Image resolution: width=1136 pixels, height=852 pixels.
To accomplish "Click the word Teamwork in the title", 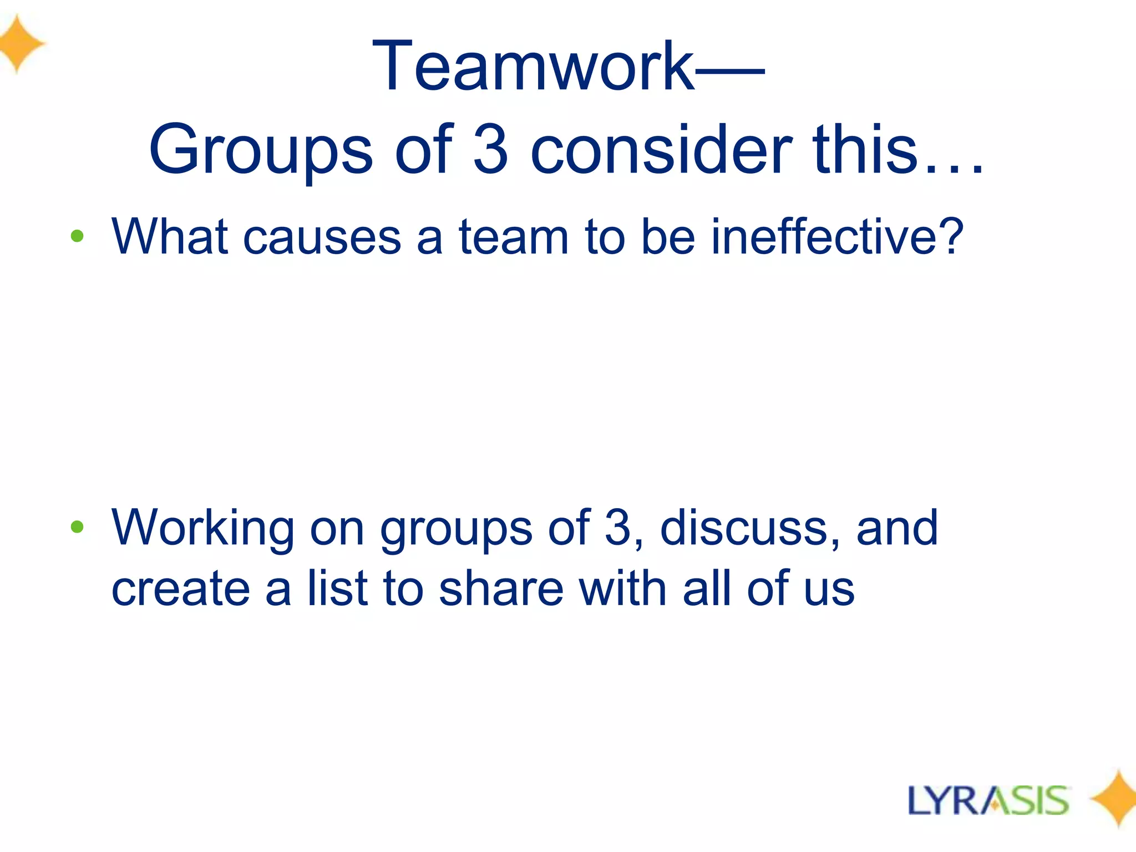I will point(532,67).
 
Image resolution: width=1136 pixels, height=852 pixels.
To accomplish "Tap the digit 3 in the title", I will point(491,149).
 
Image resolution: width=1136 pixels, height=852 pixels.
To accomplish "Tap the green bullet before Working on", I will point(77,527).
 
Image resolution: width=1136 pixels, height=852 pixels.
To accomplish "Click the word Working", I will point(203,529).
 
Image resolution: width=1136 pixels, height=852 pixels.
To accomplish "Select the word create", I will point(181,589).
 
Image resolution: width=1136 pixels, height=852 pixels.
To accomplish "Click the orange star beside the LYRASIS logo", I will point(1114,799).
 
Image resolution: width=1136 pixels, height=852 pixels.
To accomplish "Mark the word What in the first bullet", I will point(170,237).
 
